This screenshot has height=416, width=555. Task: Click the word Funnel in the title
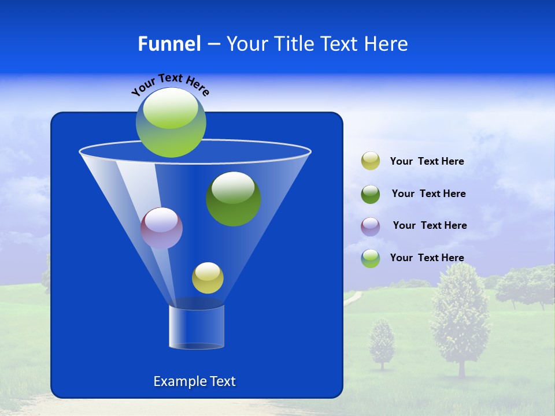click(x=169, y=44)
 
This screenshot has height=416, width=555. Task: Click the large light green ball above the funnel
click(x=171, y=122)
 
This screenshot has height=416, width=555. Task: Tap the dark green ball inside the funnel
click(x=234, y=199)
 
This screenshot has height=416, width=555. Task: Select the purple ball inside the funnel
click(x=161, y=228)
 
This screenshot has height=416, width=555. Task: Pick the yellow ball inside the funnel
click(x=208, y=278)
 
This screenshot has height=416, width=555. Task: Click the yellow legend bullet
click(x=371, y=161)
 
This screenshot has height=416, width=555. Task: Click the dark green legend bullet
click(x=371, y=194)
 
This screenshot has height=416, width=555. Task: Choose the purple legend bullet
click(x=371, y=226)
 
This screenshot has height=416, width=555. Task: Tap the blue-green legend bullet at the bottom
click(x=371, y=258)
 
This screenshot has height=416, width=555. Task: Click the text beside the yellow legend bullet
click(x=427, y=161)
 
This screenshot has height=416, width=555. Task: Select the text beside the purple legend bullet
click(x=430, y=225)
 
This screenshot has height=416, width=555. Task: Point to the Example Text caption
click(x=194, y=381)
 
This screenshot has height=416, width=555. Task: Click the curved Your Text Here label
click(x=170, y=84)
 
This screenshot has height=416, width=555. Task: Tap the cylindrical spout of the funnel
click(x=197, y=327)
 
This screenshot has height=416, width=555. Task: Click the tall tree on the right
click(x=460, y=318)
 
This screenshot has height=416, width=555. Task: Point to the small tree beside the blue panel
click(x=382, y=344)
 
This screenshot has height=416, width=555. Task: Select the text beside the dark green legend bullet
click(x=428, y=194)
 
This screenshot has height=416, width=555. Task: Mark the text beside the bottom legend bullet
click(x=427, y=258)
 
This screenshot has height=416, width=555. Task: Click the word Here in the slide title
click(x=387, y=44)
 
